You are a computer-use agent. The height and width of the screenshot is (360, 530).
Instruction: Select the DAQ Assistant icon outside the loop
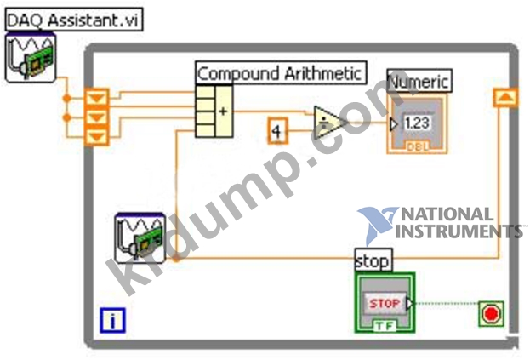point(30,58)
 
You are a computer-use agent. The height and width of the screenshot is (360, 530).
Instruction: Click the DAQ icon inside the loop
point(140,238)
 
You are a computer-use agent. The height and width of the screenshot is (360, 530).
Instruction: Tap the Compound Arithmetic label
point(282,73)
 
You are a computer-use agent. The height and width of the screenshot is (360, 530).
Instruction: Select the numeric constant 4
point(276,132)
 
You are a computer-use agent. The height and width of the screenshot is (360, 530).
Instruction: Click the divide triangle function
point(328,123)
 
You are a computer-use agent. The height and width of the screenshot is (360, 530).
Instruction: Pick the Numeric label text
point(419,82)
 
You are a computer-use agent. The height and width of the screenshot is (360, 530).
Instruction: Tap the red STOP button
point(385,303)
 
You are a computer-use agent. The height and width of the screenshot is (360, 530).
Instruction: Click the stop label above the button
point(373,260)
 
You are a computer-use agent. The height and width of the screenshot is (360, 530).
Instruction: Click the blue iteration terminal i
point(112,322)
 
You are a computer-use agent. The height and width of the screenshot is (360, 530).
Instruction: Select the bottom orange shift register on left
point(98,135)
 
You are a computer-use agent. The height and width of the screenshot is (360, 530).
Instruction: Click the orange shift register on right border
point(505,98)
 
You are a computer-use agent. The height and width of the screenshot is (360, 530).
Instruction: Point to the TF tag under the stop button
point(385,326)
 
